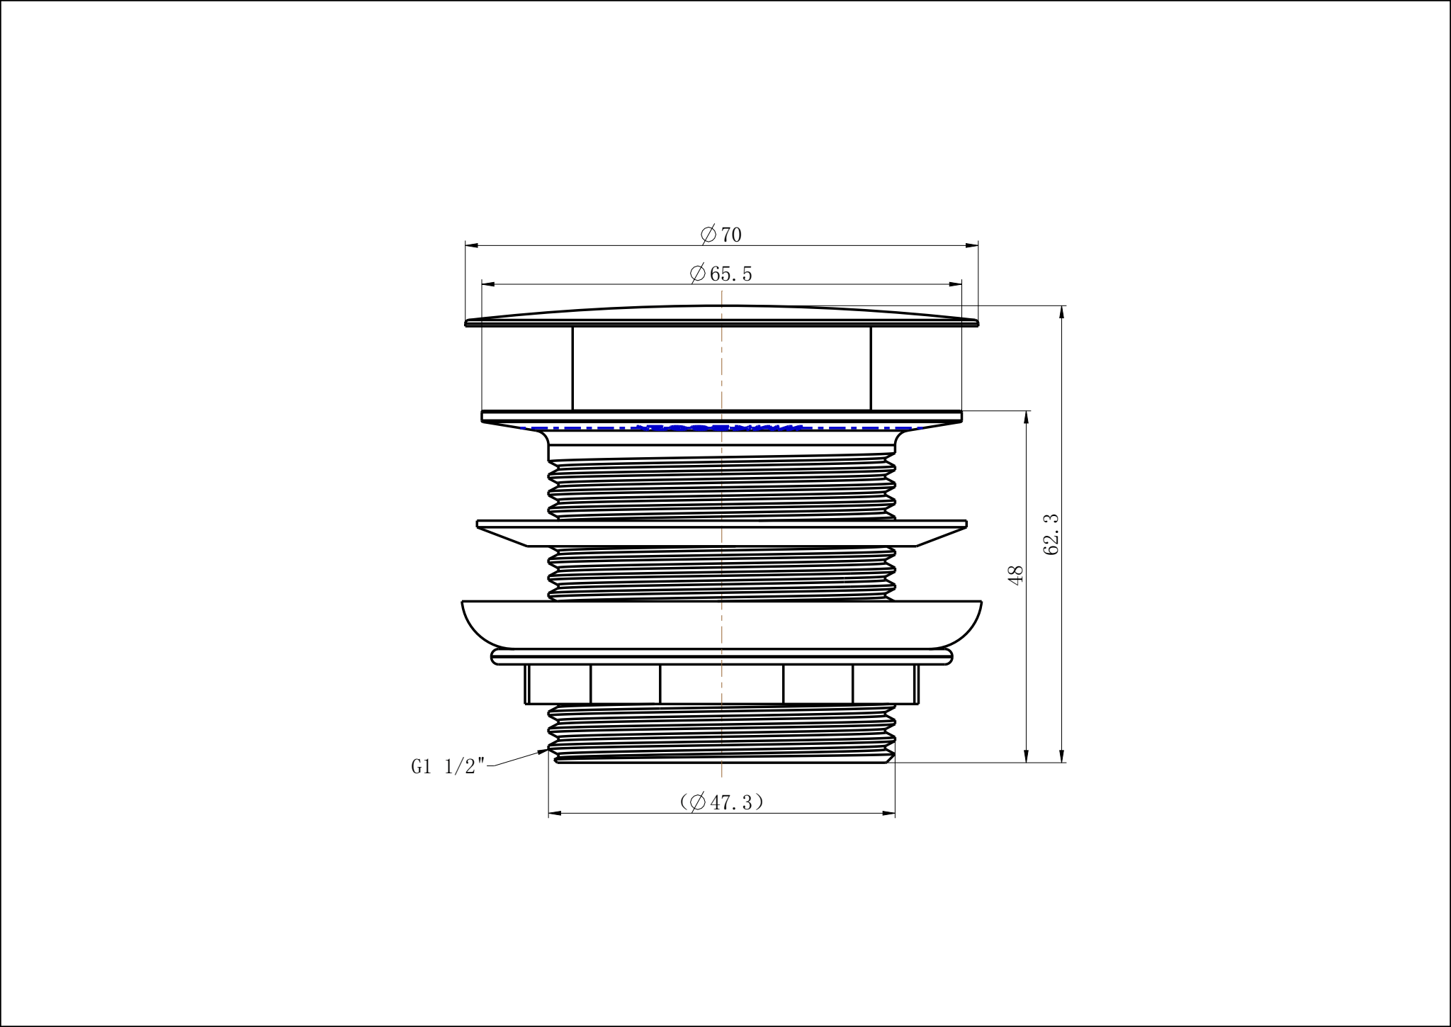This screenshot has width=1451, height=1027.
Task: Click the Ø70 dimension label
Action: coord(721,235)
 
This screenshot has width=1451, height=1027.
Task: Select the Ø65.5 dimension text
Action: coord(721,274)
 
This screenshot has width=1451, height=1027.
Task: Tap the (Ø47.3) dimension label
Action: coord(721,802)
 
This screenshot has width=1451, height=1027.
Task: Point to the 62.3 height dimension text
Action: coord(1051,534)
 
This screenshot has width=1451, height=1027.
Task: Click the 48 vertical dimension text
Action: coord(1016,575)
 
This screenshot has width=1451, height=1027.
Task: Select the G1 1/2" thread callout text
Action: coord(448,767)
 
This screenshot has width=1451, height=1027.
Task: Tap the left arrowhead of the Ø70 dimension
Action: coord(473,246)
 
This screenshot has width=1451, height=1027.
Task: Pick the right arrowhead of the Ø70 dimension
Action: coord(971,246)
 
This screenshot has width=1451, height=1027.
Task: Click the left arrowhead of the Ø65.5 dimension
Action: coord(489,285)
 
